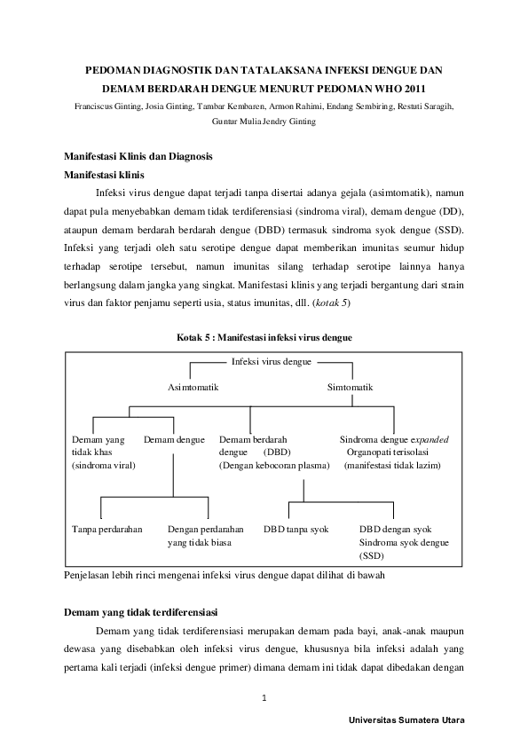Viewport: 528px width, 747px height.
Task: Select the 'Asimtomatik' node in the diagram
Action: (193, 388)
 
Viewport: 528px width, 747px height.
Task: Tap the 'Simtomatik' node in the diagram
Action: (350, 388)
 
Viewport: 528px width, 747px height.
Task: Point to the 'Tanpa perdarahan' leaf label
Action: (107, 529)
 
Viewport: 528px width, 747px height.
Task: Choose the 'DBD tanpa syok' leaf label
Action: (296, 529)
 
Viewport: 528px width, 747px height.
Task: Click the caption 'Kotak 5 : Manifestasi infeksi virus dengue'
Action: (264, 337)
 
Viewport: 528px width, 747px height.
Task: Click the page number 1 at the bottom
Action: (264, 697)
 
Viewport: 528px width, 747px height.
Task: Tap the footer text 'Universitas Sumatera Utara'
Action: (407, 720)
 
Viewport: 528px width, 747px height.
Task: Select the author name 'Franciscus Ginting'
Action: (106, 106)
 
